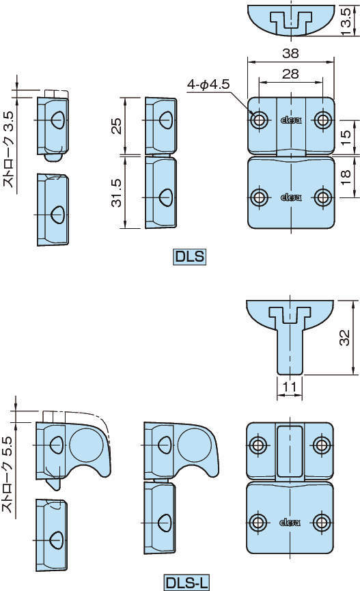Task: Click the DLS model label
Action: (x=190, y=257)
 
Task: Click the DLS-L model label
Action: (x=187, y=583)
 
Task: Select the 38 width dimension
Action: (x=290, y=53)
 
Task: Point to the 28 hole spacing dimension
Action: (x=290, y=74)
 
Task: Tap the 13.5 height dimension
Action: (x=346, y=22)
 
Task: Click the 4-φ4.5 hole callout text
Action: (x=208, y=85)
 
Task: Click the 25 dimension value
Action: (x=117, y=126)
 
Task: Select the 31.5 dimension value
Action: (x=117, y=193)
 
